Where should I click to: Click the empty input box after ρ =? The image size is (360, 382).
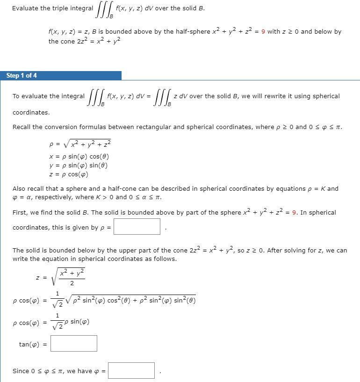(137, 227)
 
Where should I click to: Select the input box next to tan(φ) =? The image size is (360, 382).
(74, 344)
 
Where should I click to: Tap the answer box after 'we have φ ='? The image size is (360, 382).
(131, 371)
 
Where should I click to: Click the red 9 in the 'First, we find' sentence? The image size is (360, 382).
(295, 212)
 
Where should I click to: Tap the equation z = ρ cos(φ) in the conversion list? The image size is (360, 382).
(68, 174)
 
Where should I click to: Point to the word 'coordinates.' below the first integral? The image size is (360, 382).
(31, 113)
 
